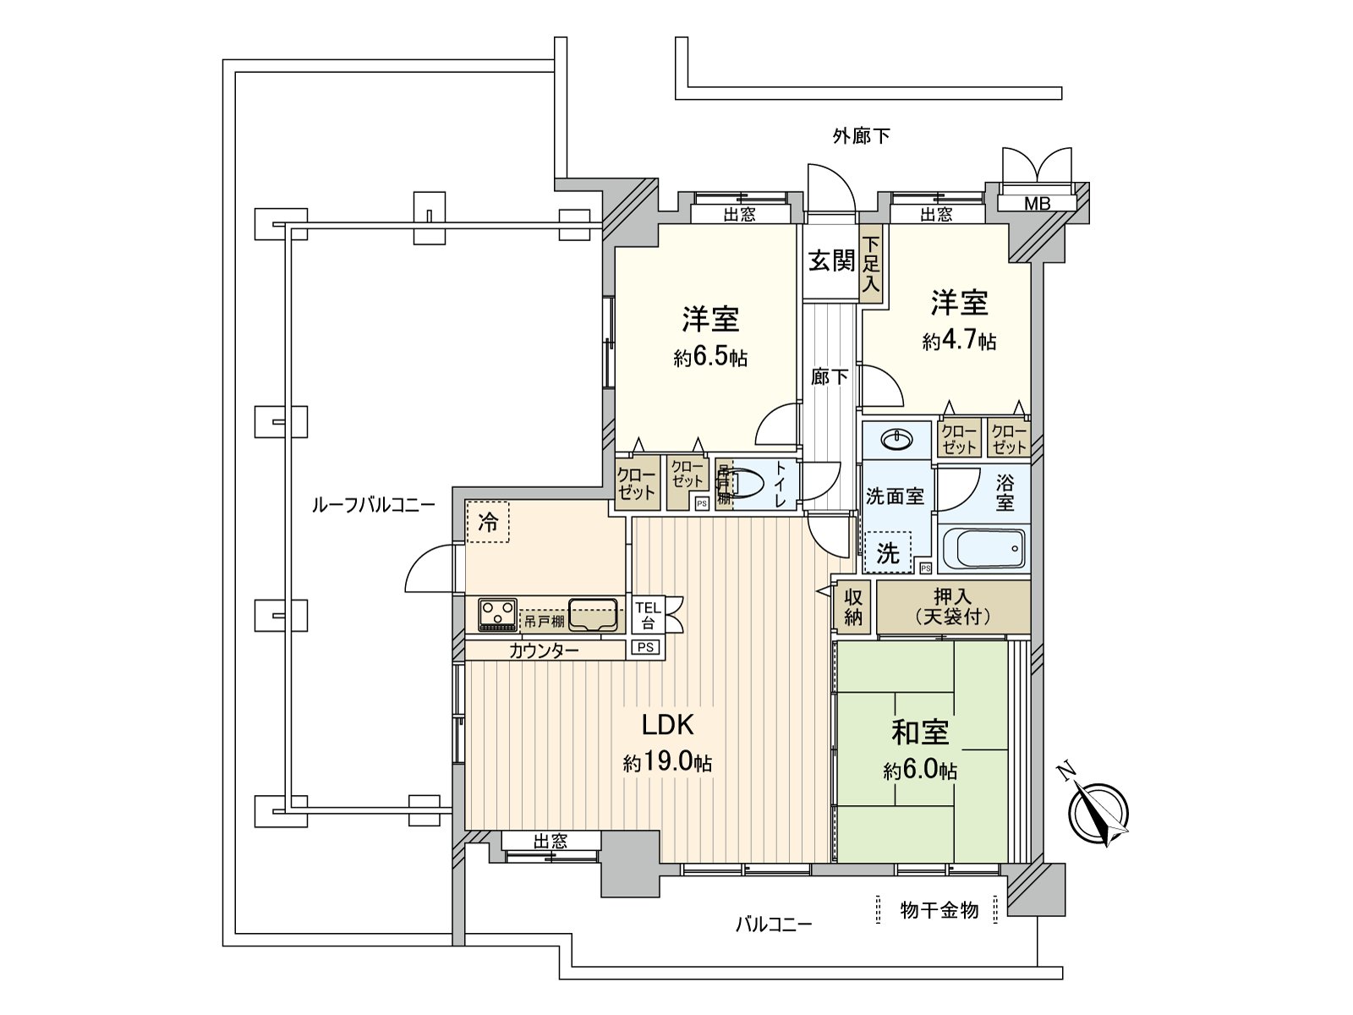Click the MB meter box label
[x=1037, y=203]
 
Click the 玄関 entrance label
[x=831, y=261]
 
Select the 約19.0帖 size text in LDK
[x=667, y=764]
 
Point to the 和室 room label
[x=920, y=732]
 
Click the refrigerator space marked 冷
[x=488, y=522]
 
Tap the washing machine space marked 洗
[x=887, y=553]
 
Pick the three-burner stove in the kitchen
[x=497, y=614]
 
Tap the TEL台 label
[x=648, y=615]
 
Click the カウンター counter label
[x=544, y=650]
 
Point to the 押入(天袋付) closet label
[x=953, y=606]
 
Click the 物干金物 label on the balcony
[x=939, y=909]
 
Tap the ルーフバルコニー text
[x=373, y=506]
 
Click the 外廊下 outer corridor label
[x=861, y=135]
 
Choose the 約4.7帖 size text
[x=959, y=341]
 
